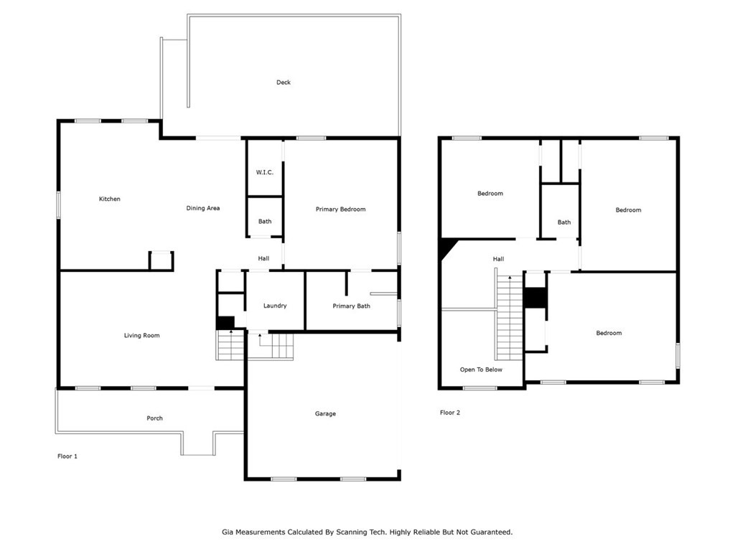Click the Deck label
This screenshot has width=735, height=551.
(x=283, y=83)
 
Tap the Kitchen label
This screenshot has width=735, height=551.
(x=110, y=199)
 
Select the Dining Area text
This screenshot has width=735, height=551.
(x=203, y=208)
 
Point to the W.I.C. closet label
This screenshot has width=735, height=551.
(x=264, y=172)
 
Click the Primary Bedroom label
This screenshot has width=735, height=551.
(x=341, y=209)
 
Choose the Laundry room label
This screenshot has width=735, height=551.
(x=275, y=306)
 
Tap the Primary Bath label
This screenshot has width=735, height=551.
(x=352, y=306)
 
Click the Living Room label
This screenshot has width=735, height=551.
(x=142, y=336)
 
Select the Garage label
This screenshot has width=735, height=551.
(x=325, y=414)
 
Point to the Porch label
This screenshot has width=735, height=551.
(x=155, y=418)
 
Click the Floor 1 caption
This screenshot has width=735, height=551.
(x=67, y=456)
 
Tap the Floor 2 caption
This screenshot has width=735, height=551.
(x=450, y=413)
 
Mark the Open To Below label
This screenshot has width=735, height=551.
(x=481, y=369)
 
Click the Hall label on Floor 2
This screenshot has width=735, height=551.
(x=498, y=259)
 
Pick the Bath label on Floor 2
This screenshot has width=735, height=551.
(x=564, y=222)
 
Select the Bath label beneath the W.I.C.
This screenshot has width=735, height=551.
(x=265, y=222)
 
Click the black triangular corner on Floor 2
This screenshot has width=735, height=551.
(x=447, y=246)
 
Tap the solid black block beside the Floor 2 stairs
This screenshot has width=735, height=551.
(x=535, y=298)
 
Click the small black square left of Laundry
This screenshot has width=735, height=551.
(x=225, y=324)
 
